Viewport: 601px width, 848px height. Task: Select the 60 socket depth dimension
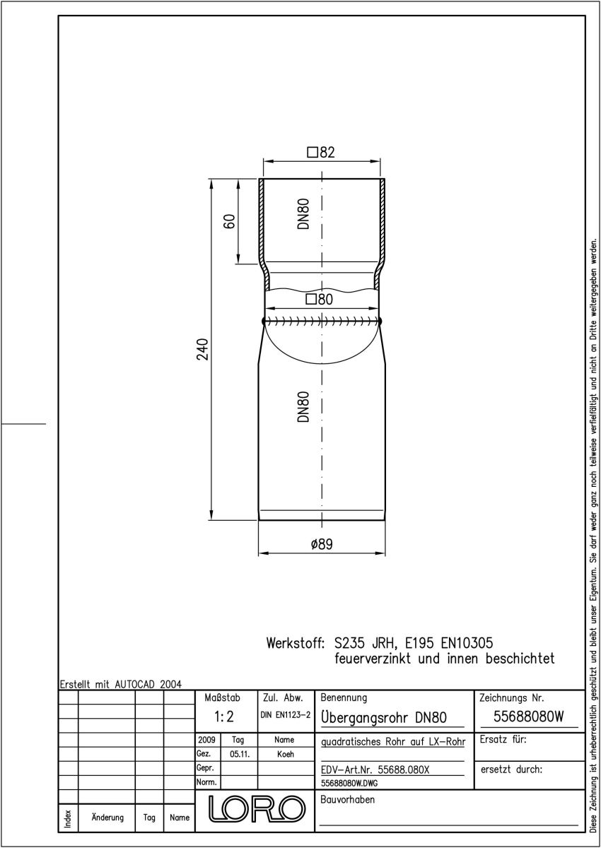pos(230,221)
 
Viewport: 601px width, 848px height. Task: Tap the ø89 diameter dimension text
pos(322,544)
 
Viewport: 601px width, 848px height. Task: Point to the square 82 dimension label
pos(321,152)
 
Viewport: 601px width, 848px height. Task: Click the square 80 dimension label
pos(320,300)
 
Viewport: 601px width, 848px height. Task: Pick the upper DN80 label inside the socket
pos(304,214)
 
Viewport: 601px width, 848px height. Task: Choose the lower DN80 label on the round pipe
pos(304,407)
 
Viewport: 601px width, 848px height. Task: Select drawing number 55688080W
pos(529,717)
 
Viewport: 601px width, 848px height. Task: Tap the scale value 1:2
pos(224,717)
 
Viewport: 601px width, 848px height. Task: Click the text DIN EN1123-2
pos(286,714)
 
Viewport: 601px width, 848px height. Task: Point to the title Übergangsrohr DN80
pos(384,717)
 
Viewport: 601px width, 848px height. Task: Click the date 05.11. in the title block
pos(240,754)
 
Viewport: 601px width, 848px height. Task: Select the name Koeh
pos(286,754)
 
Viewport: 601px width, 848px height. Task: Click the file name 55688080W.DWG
pos(349,783)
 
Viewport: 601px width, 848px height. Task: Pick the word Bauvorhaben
pos(348,799)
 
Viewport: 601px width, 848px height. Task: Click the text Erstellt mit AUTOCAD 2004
pos(121,684)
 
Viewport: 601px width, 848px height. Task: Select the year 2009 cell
pos(206,739)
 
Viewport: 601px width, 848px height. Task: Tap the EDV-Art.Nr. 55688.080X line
pos(375,770)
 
